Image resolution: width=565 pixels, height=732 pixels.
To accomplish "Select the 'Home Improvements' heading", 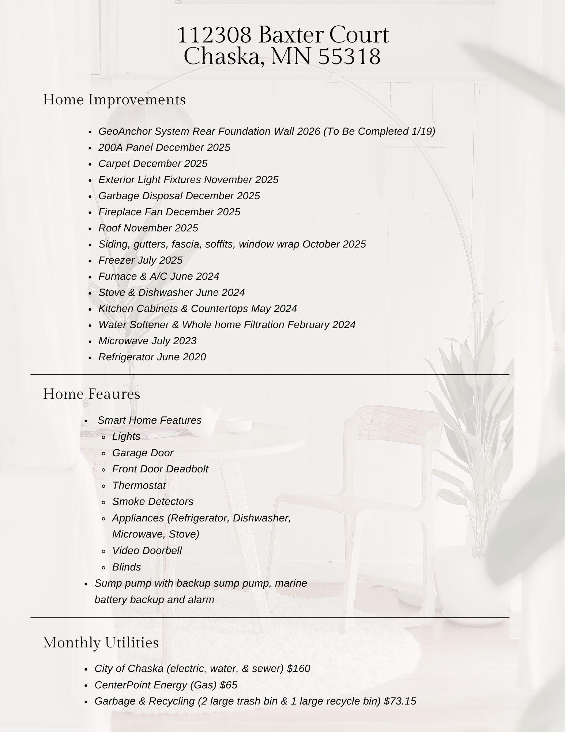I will (114, 100).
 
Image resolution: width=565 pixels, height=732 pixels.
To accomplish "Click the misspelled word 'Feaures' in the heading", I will (114, 394).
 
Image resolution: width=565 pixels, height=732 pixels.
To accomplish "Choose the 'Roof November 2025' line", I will (148, 228).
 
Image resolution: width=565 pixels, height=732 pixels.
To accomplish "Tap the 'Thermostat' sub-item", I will (139, 486).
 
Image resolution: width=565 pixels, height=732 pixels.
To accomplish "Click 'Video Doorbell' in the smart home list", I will (147, 551).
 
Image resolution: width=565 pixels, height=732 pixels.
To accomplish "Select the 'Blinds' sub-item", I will (127, 567).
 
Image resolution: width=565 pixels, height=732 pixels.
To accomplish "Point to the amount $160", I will (298, 669).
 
